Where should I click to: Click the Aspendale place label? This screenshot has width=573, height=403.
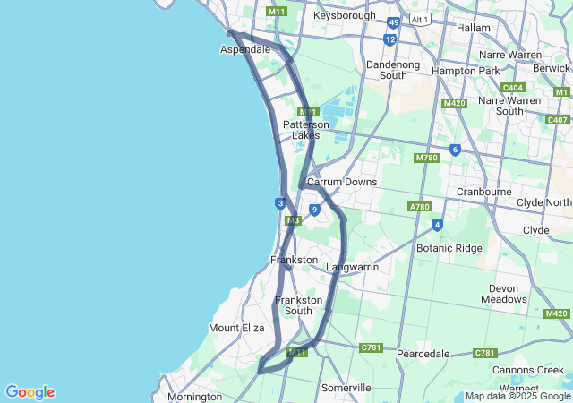[x=244, y=49]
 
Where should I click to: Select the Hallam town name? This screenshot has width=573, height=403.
[x=473, y=28]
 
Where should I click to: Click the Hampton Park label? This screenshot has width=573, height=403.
[x=465, y=71]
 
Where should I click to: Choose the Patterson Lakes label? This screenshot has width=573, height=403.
[x=306, y=130]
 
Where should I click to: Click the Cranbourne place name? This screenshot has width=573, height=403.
[x=483, y=192]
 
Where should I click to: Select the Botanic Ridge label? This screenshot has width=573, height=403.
[x=449, y=248]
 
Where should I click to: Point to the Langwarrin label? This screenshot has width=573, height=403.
[x=352, y=267]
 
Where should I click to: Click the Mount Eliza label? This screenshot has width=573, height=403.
[x=236, y=328]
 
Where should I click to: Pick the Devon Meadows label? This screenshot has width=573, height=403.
[x=504, y=294]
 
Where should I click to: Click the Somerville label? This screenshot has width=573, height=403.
[x=346, y=388]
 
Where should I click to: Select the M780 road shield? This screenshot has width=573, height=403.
[x=426, y=158]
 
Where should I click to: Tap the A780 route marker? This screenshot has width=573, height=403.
[x=420, y=206]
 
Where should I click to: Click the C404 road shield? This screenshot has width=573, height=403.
[x=513, y=87]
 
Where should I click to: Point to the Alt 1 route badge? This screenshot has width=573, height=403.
[x=420, y=19]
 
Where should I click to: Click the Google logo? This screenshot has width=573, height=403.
[x=30, y=392]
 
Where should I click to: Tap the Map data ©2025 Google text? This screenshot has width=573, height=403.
[x=517, y=396]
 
